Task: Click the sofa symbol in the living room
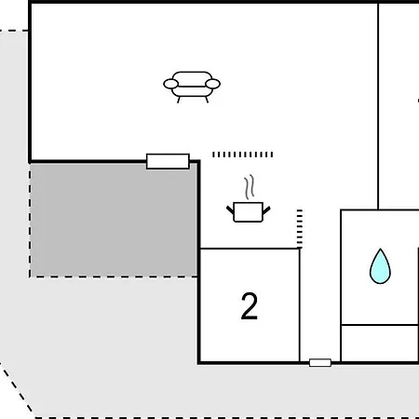[x=192, y=87]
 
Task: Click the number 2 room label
[x=250, y=306]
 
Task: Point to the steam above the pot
[x=250, y=186]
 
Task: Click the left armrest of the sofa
[x=171, y=84]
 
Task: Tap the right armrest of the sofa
[x=213, y=84]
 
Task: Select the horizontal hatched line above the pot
[x=243, y=155]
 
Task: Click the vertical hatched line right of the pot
[x=300, y=228]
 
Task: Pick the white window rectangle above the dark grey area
[x=168, y=161]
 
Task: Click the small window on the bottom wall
[x=320, y=362]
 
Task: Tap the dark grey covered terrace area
[x=114, y=220]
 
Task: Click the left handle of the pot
[x=230, y=210]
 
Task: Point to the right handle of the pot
[x=266, y=210]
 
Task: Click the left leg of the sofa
[x=179, y=100]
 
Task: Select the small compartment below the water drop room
[x=380, y=343]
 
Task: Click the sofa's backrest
[x=192, y=77]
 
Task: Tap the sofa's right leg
[x=207, y=100]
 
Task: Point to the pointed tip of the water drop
[x=380, y=249]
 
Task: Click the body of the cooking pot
[x=249, y=212]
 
